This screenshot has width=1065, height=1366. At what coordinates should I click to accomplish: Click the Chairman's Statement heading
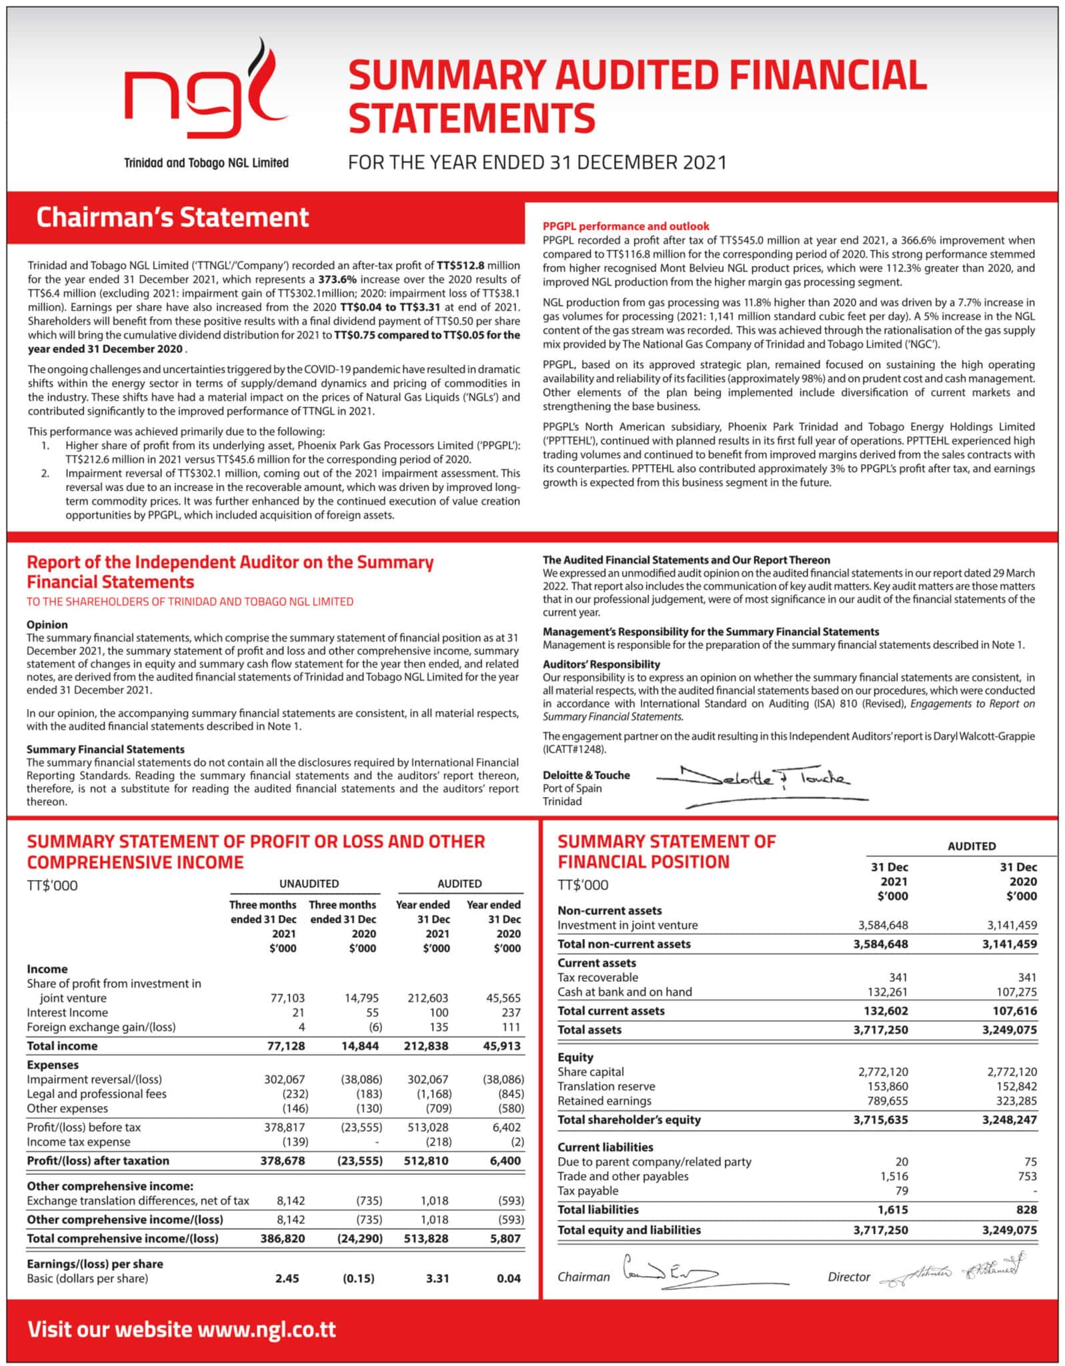[172, 217]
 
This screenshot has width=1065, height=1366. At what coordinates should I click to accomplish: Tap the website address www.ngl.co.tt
[267, 1329]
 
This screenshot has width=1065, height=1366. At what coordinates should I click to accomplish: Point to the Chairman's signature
[670, 1275]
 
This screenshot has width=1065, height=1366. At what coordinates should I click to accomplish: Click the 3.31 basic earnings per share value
[437, 1279]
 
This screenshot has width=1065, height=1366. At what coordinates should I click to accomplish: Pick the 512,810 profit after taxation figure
[427, 1161]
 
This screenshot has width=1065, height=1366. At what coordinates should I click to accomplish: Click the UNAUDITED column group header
[309, 884]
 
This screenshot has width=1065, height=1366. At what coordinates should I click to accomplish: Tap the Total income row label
[62, 1047]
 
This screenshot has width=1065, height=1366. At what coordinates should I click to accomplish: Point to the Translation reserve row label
[606, 1087]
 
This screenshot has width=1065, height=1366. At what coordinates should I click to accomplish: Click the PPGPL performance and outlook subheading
[626, 227]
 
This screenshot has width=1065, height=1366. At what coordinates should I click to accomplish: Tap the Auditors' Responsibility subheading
[601, 664]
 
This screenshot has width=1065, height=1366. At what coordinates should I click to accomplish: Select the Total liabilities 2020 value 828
[1026, 1210]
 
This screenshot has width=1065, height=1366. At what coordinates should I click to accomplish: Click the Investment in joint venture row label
[628, 926]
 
